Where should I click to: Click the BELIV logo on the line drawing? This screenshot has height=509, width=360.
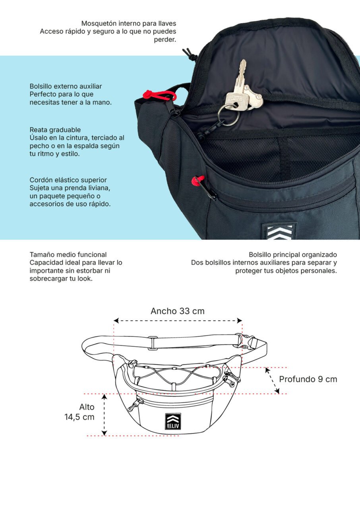point(173,421)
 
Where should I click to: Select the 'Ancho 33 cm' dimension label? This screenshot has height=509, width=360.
point(178,311)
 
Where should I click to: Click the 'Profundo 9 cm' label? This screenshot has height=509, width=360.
point(308,379)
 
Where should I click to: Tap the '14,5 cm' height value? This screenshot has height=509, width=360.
point(79,417)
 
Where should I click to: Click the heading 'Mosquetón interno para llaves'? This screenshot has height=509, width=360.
point(129,23)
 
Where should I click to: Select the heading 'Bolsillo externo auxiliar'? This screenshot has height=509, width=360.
point(66,86)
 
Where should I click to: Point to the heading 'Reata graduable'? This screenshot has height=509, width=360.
point(55,130)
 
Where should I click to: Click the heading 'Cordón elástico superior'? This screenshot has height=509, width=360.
point(68,180)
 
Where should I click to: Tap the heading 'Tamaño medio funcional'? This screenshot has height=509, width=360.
point(68,254)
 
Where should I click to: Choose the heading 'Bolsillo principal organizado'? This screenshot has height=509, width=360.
point(293,254)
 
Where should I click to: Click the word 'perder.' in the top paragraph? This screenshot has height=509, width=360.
point(165,39)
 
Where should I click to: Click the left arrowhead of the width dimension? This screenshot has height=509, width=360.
point(116,321)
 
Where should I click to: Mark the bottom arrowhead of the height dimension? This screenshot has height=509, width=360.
point(104,433)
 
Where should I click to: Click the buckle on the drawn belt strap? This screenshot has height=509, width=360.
point(249,342)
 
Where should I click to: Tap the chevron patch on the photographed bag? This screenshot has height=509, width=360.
point(279,231)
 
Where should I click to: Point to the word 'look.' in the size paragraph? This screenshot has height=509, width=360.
point(85,279)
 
